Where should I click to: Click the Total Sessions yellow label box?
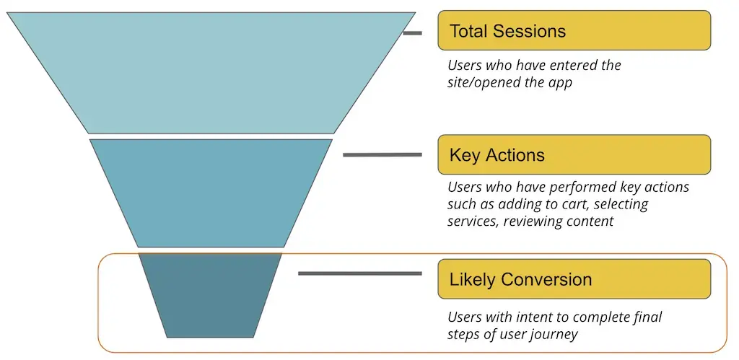click(574, 30)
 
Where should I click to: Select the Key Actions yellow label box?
click(574, 154)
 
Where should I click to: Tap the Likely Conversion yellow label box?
click(574, 279)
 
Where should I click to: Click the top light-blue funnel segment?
click(211, 72)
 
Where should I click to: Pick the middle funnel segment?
click(211, 191)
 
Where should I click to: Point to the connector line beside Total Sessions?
click(412, 32)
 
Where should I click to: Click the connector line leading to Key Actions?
click(382, 154)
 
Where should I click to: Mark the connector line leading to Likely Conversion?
click(359, 273)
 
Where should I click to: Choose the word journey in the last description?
click(554, 334)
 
